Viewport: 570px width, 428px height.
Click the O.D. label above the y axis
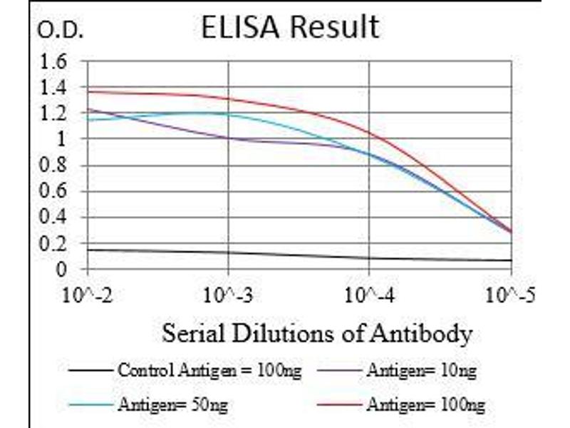pos(61,31)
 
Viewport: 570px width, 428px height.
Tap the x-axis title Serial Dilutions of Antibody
pos(317,333)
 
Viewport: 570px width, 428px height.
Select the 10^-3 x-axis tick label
pos(229,294)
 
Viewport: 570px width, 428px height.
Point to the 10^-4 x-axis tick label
pos(369,294)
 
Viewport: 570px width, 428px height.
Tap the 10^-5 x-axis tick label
pos(510,294)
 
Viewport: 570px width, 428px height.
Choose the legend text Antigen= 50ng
pos(173,405)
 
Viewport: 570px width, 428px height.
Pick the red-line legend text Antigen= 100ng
pos(425,405)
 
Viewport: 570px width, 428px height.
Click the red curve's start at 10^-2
pos(88,91)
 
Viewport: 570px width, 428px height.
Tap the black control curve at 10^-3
pos(229,252)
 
